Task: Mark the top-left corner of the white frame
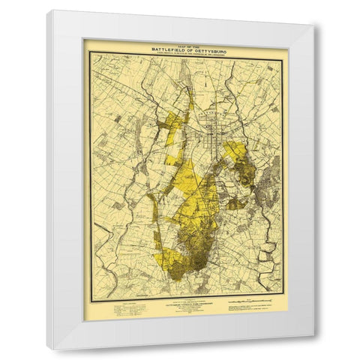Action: tap(48, 11)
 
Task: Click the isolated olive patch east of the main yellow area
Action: tap(235, 202)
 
